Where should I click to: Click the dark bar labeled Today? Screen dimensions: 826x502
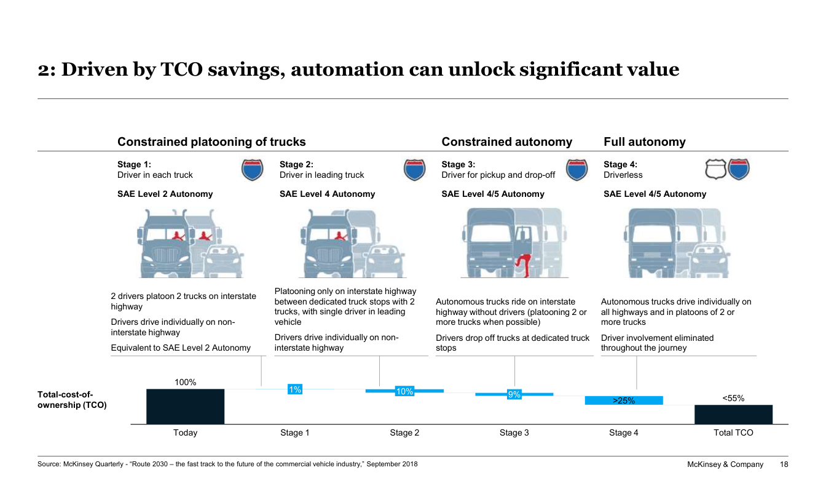(x=185, y=407)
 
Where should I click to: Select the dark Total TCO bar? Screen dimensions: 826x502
(x=733, y=415)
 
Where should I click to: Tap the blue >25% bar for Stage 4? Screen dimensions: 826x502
(x=624, y=400)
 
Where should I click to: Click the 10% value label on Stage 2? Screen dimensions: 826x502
(x=404, y=391)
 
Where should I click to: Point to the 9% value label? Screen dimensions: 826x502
(x=514, y=394)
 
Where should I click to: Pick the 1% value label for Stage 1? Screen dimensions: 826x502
(x=295, y=389)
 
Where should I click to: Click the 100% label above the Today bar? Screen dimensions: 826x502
(x=185, y=383)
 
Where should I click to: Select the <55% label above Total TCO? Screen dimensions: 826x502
(x=733, y=398)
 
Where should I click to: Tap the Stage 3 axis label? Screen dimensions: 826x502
(x=514, y=432)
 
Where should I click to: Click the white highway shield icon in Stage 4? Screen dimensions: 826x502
(x=715, y=169)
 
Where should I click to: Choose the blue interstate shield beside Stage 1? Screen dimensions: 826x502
(x=252, y=170)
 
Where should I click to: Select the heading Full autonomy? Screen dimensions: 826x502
(x=645, y=141)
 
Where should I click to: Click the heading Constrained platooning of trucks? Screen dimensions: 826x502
(x=211, y=141)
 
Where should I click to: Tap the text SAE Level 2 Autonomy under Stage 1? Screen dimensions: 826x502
(x=165, y=194)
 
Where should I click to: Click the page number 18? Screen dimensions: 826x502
(x=784, y=464)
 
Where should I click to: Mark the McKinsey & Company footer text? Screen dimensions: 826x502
(x=725, y=464)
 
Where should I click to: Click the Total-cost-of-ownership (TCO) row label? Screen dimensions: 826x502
(x=72, y=400)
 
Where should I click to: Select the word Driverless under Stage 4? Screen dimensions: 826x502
(x=623, y=175)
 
